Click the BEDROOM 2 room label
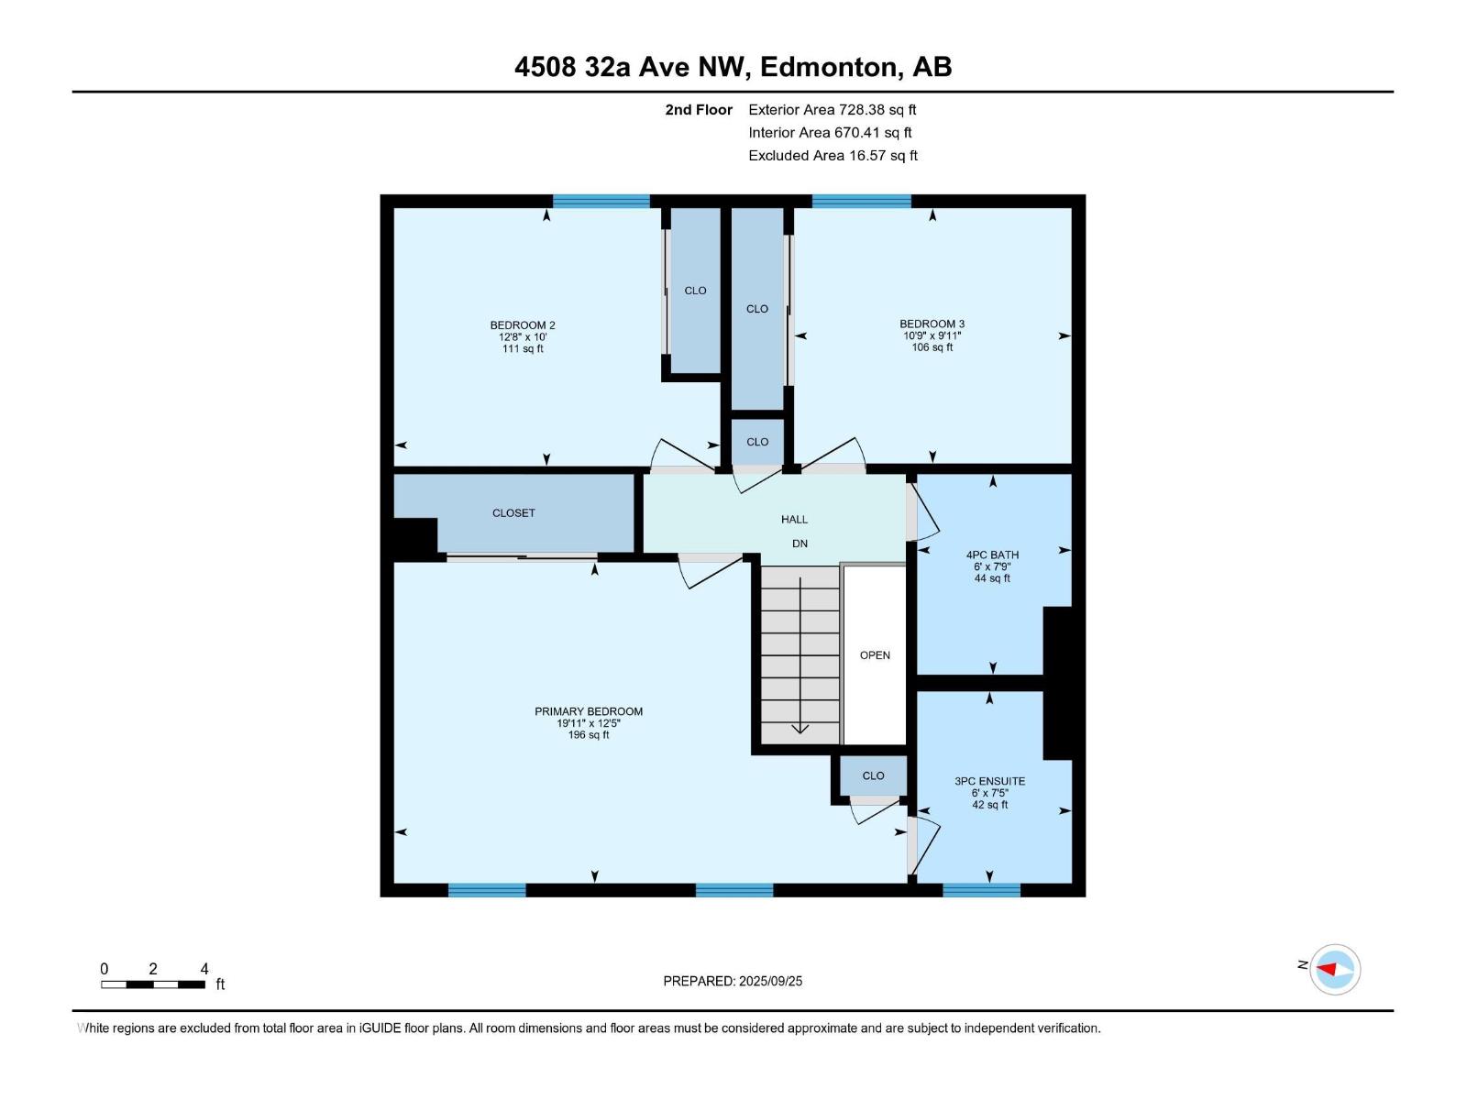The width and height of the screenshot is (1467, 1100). click(522, 325)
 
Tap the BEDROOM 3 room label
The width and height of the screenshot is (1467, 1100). click(932, 324)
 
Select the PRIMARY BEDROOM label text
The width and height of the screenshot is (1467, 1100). click(589, 711)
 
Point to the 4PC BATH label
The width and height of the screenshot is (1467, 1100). click(992, 555)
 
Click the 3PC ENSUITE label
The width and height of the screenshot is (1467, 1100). click(989, 781)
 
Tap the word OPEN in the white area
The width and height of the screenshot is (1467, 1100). click(875, 655)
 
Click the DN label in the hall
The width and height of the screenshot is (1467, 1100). click(800, 544)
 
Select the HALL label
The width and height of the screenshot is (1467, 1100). click(794, 520)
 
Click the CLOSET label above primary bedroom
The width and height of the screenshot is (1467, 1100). click(513, 513)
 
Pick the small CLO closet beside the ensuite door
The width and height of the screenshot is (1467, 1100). click(873, 775)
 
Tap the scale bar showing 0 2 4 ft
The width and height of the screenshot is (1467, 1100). click(153, 984)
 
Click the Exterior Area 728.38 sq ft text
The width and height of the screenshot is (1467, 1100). click(832, 110)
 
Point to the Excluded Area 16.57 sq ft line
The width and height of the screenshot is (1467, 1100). click(833, 156)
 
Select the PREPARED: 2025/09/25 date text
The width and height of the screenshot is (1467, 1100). click(733, 981)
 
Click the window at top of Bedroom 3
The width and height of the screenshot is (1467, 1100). click(861, 201)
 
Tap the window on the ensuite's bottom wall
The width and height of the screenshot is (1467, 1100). click(981, 889)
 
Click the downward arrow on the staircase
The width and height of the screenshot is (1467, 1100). click(800, 728)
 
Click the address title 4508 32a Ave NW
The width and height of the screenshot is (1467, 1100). click(733, 67)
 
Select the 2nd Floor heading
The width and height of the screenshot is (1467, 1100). click(699, 110)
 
